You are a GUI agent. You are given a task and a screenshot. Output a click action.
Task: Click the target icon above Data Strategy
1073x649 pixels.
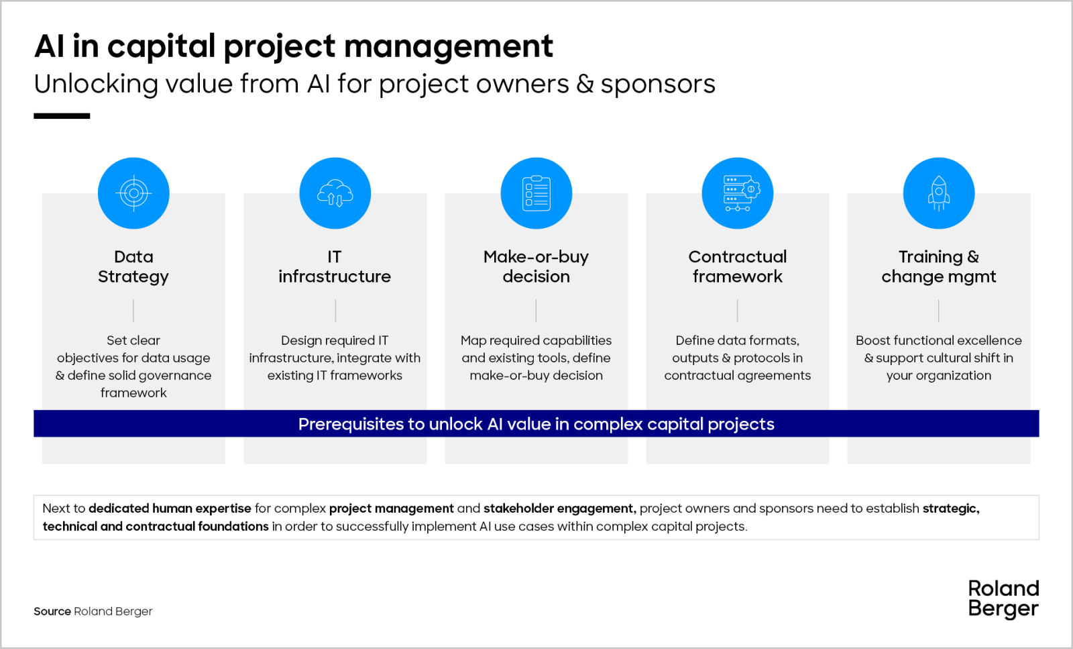tap(133, 193)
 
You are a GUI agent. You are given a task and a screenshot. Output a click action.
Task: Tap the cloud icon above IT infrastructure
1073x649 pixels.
tap(335, 193)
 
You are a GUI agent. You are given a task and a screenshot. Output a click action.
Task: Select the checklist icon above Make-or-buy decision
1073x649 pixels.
tap(536, 193)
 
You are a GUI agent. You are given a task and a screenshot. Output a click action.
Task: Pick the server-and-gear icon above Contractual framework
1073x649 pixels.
tap(741, 193)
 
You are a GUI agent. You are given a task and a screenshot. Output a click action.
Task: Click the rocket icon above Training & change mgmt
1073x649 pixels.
tap(939, 193)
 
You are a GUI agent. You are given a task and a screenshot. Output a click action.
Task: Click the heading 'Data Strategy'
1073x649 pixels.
tap(133, 266)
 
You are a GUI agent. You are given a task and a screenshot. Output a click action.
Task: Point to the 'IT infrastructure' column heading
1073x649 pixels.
tap(335, 266)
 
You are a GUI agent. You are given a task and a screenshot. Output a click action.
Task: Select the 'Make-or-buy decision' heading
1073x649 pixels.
tap(536, 266)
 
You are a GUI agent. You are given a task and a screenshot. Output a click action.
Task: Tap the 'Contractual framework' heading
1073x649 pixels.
tap(738, 266)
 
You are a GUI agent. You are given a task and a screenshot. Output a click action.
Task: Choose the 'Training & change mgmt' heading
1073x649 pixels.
tap(939, 266)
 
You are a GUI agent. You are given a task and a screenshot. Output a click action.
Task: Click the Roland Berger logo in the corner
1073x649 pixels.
tap(1003, 599)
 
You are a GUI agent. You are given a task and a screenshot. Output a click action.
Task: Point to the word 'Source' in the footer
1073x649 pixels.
tap(52, 611)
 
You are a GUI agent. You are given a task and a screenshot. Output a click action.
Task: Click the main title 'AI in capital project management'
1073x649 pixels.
tap(294, 47)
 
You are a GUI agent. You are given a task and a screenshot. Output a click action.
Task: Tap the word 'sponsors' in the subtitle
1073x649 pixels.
tap(658, 85)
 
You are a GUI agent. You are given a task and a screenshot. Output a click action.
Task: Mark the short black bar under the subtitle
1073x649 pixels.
tap(62, 116)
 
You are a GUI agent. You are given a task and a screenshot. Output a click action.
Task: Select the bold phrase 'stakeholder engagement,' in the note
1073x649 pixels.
tap(560, 509)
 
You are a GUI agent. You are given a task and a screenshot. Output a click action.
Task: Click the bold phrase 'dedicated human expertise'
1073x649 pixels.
tap(170, 509)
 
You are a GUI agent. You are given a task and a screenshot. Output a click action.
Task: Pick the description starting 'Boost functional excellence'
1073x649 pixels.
tap(939, 358)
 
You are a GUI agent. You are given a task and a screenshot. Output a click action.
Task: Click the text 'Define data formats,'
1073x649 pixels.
tap(738, 340)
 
